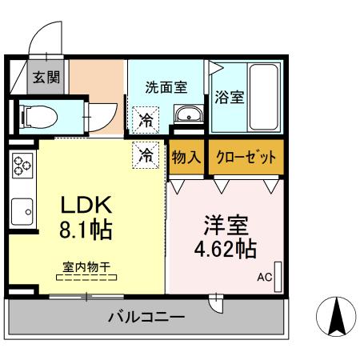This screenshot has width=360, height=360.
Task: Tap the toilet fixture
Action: (38, 117)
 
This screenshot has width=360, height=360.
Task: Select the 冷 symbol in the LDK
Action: (146, 155)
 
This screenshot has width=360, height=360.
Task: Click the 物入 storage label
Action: (186, 157)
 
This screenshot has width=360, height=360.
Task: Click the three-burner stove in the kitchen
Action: (21, 167)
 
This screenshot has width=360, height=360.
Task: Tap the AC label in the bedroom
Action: (264, 278)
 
